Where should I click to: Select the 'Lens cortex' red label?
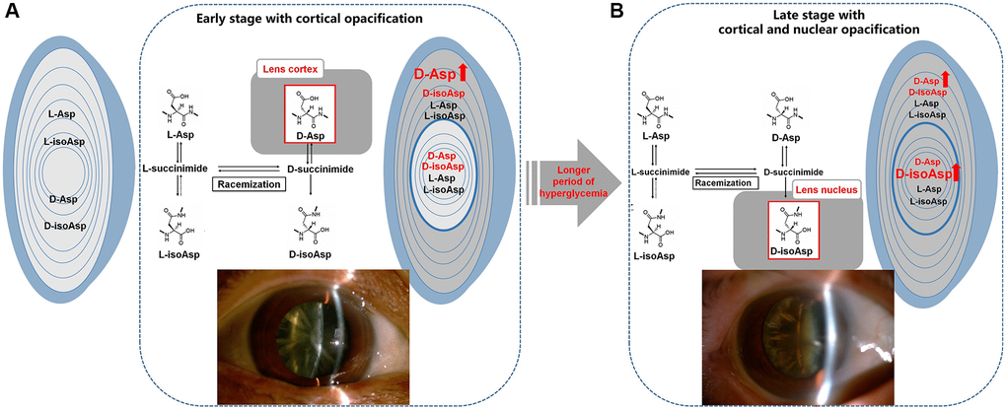pos(288,69)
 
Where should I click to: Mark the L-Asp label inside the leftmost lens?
pos(64,114)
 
